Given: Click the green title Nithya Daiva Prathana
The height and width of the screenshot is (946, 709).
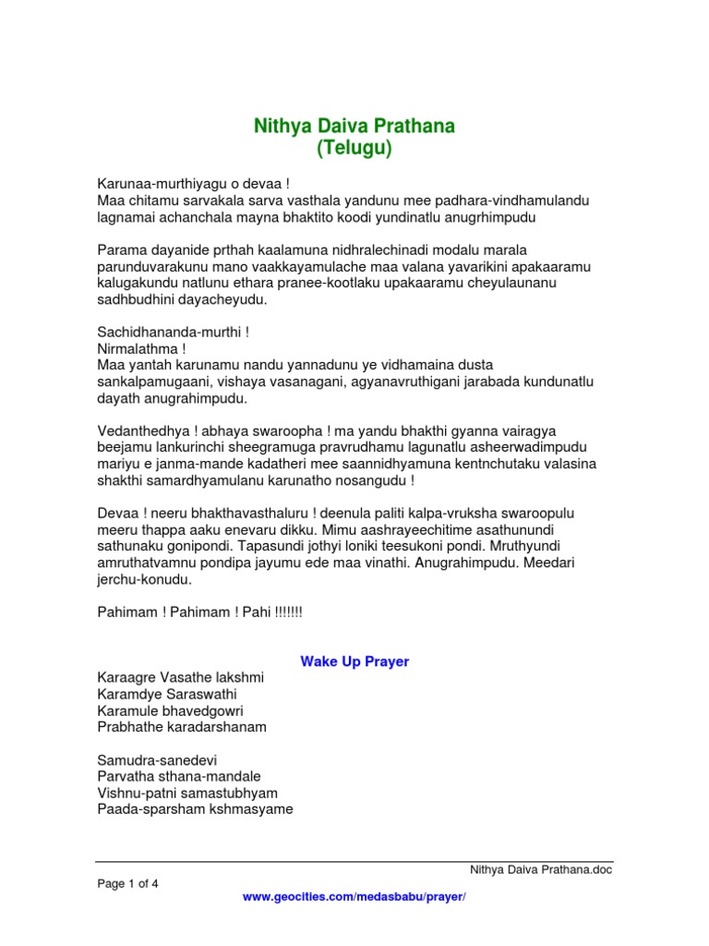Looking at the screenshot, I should coord(354,126).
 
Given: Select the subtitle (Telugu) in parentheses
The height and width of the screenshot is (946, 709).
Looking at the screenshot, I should coord(354,148).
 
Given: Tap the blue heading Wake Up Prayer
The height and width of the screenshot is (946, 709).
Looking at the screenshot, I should coord(354,661).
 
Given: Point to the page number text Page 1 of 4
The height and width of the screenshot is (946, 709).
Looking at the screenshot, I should coord(128,883).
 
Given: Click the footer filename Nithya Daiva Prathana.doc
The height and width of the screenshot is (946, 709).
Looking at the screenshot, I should coord(541,869).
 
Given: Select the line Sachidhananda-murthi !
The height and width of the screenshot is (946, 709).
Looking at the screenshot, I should coord(173,331).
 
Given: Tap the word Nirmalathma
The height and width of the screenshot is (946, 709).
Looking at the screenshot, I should coord(137,348).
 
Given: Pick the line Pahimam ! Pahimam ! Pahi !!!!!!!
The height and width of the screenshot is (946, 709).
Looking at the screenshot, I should coord(199,612).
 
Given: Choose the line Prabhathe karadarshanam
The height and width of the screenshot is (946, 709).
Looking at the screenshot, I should coord(181,727).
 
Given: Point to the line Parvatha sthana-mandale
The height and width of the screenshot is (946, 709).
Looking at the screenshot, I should coord(179,776).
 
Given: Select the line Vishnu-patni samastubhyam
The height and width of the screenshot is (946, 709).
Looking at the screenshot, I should coord(187,793).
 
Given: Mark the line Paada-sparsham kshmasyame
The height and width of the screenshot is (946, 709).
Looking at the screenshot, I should coord(195,809).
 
